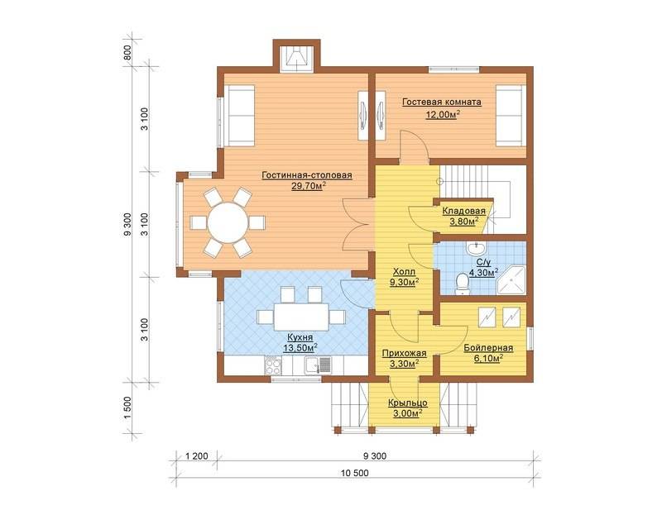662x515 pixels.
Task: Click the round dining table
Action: click(x=227, y=222)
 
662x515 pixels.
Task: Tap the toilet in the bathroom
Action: click(x=463, y=283)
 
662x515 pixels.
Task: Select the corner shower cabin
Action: click(x=511, y=280)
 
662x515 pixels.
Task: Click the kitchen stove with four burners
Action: click(x=272, y=365)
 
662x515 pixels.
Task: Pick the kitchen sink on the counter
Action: click(x=318, y=365)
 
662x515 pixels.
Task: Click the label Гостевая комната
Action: click(x=442, y=102)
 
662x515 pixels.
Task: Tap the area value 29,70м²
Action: click(x=309, y=186)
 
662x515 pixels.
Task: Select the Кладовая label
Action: click(x=463, y=211)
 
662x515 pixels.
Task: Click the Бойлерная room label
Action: click(x=488, y=348)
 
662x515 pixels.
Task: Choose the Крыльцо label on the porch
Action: click(x=408, y=403)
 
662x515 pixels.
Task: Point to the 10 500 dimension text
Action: click(x=355, y=473)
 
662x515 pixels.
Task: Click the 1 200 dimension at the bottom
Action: click(x=197, y=456)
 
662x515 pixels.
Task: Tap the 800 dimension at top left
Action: click(x=129, y=52)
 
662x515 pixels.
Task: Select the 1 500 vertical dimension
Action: click(x=129, y=408)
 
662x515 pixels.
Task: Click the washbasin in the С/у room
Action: click(x=476, y=248)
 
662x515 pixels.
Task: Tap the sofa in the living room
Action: click(x=239, y=116)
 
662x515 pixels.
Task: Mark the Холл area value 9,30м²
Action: click(x=404, y=282)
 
